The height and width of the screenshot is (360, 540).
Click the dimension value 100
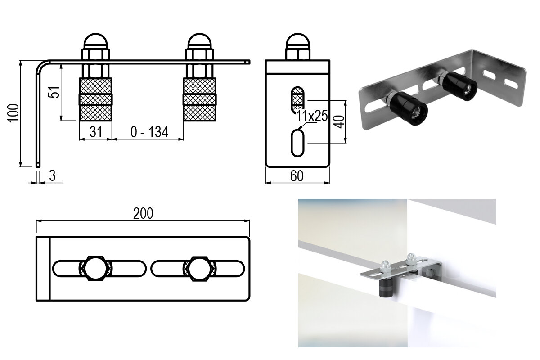13,113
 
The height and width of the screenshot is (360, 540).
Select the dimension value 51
54,92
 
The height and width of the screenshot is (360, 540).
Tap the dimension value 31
95,132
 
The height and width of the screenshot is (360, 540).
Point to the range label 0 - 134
148,132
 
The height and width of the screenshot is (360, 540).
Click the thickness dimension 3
52,176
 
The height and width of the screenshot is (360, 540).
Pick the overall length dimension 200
143,213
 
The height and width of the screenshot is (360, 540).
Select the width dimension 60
297,176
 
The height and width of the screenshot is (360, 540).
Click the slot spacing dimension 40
340,121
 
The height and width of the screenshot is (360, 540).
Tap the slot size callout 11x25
312,116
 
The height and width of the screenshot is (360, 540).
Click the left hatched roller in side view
95,99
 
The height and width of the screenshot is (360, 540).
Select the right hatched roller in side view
200,99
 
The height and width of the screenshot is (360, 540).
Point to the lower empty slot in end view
297,143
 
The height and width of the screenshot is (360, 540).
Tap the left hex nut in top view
95,269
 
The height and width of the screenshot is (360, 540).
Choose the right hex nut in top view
199,269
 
